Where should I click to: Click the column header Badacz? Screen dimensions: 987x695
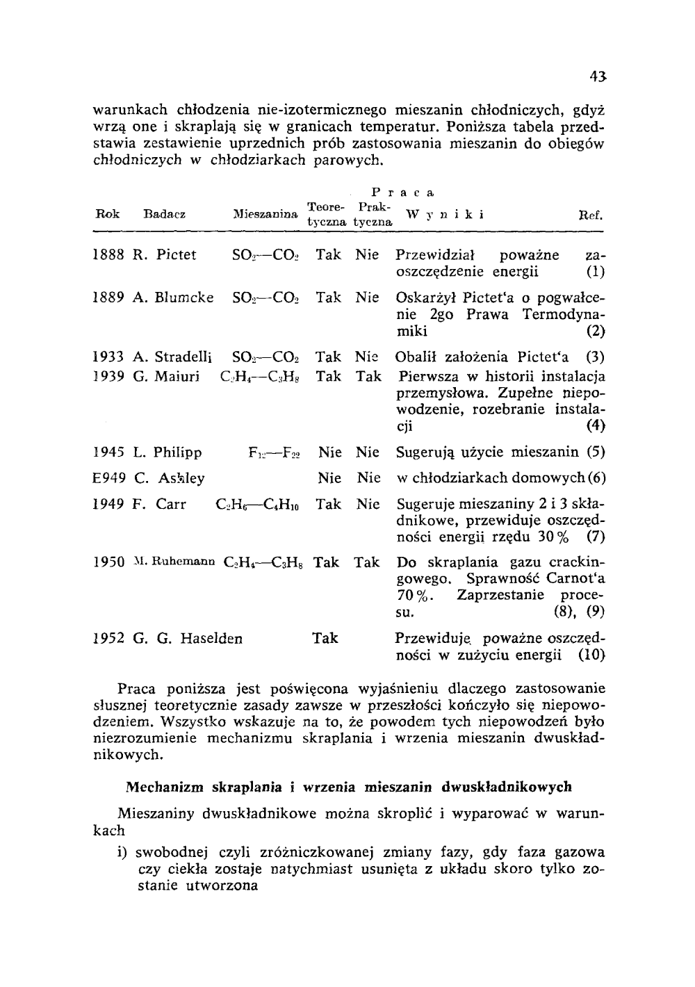pos(164,215)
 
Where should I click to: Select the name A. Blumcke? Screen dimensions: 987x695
pos(173,298)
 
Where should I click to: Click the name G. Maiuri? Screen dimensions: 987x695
pos(166,377)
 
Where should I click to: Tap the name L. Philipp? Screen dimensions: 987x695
pos(167,453)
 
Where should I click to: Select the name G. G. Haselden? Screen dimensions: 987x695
pos(188,639)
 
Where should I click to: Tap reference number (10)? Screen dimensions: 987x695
pos(592,655)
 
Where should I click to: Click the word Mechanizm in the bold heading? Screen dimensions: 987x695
pos(161,788)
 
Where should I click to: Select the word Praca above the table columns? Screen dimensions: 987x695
pos(404,192)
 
